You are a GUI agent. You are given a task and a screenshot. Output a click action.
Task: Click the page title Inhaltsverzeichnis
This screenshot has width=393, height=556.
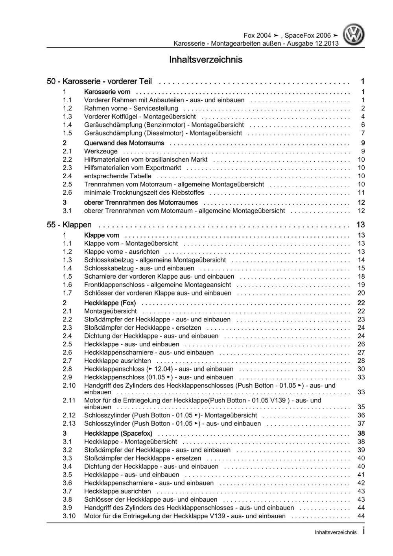pyautogui.click(x=206, y=60)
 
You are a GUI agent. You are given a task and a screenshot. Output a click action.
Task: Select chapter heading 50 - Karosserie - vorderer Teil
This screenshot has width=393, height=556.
pyautogui.click(x=99, y=81)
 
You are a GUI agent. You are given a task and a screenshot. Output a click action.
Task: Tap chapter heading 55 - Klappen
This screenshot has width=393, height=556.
pyautogui.click(x=69, y=225)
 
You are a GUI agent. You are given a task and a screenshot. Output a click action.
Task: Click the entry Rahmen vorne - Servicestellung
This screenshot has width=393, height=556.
pyautogui.click(x=131, y=108)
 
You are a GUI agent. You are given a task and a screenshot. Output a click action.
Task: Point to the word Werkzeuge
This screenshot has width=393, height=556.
pyautogui.click(x=101, y=151)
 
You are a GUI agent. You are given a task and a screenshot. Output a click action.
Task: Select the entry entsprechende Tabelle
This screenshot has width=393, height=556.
pyautogui.click(x=118, y=176)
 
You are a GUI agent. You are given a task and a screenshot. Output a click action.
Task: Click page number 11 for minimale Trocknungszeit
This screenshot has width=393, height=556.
pyautogui.click(x=361, y=192)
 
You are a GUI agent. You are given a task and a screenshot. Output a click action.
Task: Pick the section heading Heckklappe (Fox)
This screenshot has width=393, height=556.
pyautogui.click(x=110, y=303)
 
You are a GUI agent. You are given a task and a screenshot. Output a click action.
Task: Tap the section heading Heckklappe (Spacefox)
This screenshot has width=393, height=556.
pyautogui.click(x=118, y=433)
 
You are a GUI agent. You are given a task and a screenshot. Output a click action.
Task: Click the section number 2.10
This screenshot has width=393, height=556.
pyautogui.click(x=69, y=385)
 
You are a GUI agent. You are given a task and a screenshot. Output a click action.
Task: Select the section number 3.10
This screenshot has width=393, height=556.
pyautogui.click(x=69, y=516)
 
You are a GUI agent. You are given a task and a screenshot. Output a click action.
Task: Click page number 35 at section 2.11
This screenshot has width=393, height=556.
pyautogui.click(x=361, y=407)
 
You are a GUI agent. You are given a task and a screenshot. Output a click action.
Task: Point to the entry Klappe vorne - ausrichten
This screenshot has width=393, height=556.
pyautogui.click(x=122, y=251)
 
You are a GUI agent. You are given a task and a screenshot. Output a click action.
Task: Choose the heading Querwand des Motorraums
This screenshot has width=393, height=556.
pyautogui.click(x=124, y=143)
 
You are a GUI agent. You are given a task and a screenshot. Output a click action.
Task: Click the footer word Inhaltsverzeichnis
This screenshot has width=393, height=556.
pyautogui.click(x=336, y=532)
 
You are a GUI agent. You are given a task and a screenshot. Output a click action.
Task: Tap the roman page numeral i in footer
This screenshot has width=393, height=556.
pyautogui.click(x=363, y=531)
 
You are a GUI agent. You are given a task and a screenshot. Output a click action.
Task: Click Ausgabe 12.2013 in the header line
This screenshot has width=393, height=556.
pyautogui.click(x=313, y=43)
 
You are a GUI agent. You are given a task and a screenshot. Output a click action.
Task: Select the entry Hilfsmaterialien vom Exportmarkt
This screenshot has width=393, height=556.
pyautogui.click(x=133, y=168)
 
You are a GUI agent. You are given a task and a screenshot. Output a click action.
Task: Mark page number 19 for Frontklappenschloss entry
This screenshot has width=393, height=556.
pyautogui.click(x=361, y=284)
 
